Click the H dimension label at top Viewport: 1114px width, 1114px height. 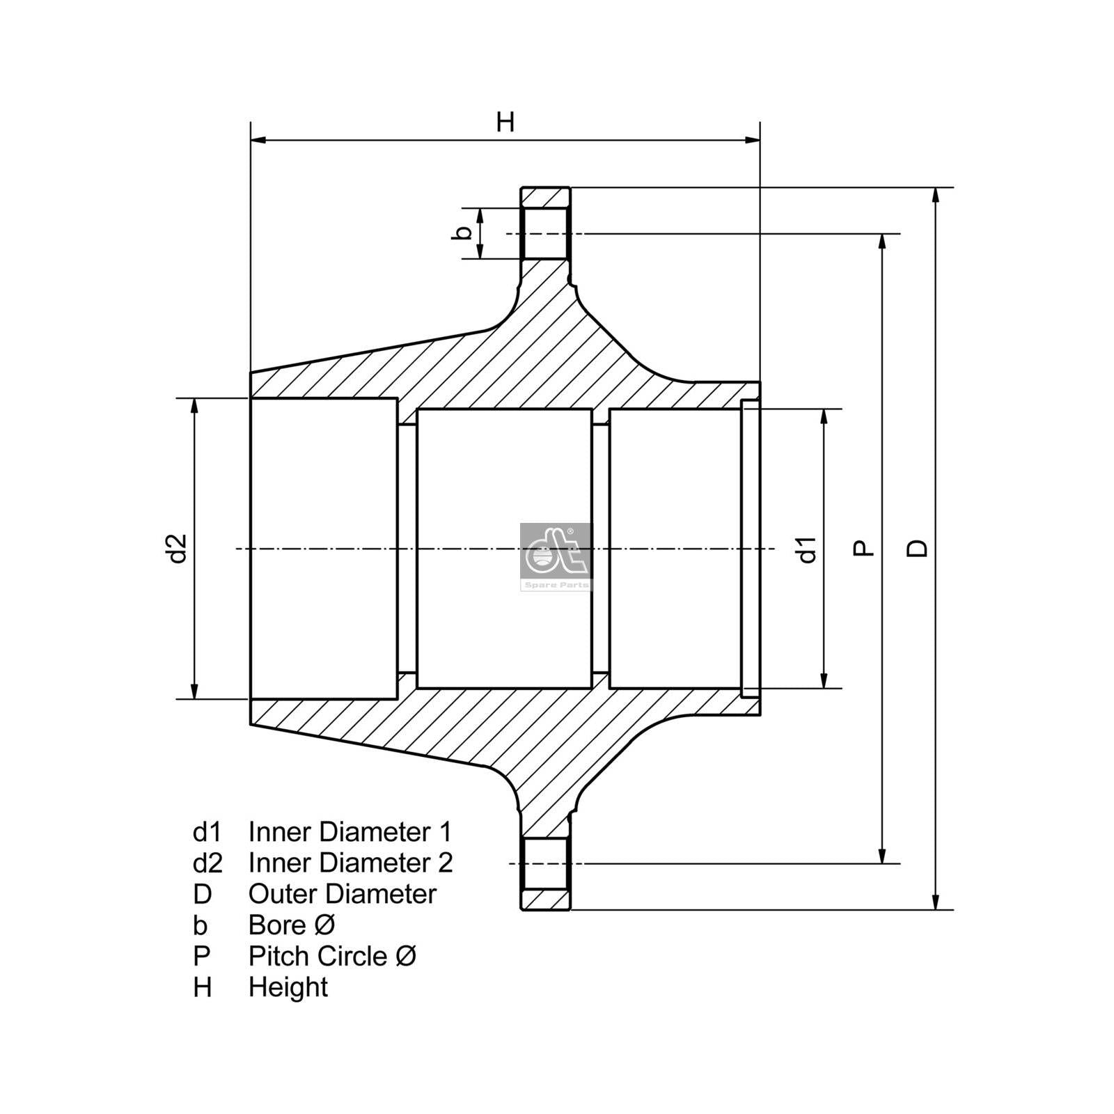click(505, 122)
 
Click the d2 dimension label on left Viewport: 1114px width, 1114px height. click(179, 548)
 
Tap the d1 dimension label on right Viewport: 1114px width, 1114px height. click(807, 549)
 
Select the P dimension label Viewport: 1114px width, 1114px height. click(863, 548)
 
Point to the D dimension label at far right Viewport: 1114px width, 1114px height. click(918, 548)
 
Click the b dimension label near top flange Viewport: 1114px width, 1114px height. click(462, 233)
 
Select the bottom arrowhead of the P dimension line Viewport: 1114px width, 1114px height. click(883, 856)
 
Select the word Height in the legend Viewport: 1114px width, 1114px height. click(288, 987)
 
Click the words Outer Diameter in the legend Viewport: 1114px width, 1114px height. click(342, 894)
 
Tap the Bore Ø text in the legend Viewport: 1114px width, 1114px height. click(292, 925)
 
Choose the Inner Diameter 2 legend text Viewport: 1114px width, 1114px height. click(350, 863)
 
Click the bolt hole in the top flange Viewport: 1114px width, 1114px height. click(546, 233)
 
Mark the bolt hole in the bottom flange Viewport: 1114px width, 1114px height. click(546, 863)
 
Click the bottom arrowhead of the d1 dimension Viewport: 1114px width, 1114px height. click(824, 681)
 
